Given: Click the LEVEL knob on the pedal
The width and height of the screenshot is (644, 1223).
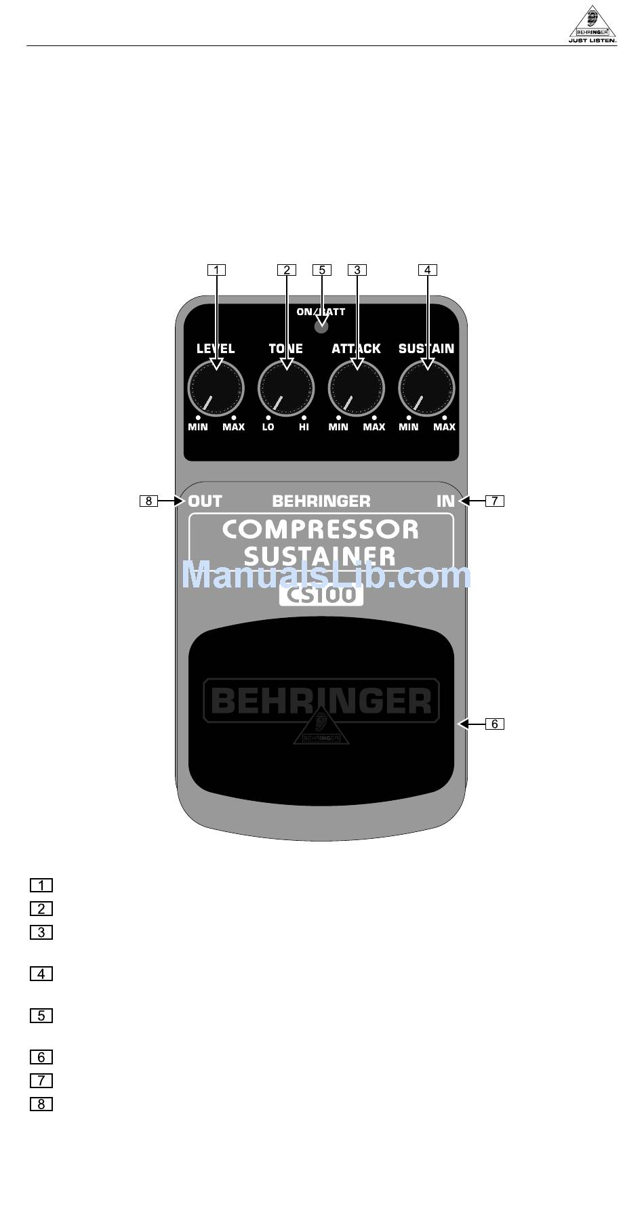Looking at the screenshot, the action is pos(216,388).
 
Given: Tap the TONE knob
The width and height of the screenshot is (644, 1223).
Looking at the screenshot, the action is pos(286,388).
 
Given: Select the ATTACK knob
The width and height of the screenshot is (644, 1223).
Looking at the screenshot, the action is pos(357,388).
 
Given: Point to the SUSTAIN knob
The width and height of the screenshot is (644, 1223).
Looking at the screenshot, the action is pos(426,388).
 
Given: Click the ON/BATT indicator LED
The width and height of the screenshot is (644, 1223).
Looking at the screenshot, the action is pos(321,327).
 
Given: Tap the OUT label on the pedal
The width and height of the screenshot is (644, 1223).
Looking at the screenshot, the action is pos(205,501).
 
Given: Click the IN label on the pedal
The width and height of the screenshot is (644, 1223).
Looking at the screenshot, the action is pos(445,501).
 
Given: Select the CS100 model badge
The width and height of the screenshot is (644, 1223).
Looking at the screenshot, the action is pos(321,594).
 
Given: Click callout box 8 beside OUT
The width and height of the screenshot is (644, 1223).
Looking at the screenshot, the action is pos(148,501).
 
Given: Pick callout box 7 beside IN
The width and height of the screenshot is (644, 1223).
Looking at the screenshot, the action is pos(495,501).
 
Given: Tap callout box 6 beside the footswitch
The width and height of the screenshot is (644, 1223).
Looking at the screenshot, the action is pos(495,724).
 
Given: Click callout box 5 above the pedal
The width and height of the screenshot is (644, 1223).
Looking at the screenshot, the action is pos(322,270).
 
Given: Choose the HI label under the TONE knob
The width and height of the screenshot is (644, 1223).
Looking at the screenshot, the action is pos(304,428).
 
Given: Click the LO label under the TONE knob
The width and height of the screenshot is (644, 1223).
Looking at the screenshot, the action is pos(268,428).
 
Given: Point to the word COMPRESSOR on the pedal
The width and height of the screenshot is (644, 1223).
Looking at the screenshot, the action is pos(321,529).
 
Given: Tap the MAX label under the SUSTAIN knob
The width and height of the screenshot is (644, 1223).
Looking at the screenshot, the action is pos(445,428).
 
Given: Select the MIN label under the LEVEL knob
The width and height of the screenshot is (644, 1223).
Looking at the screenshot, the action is pos(198,428).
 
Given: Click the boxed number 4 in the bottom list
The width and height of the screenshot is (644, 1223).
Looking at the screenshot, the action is pos(41,974).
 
